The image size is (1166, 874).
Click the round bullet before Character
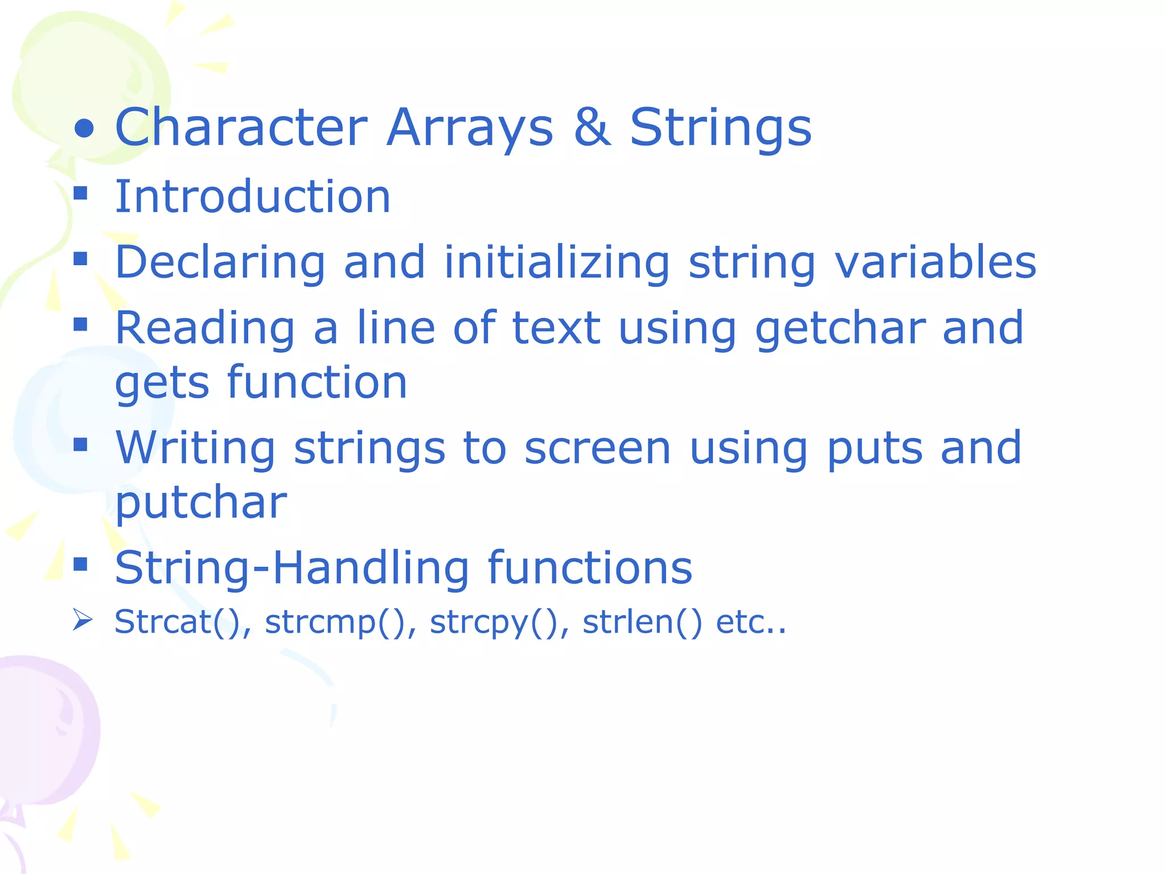[84, 129]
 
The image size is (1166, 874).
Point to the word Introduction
[253, 197]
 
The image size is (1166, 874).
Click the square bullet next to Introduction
[81, 193]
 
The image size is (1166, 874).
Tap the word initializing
[556, 263]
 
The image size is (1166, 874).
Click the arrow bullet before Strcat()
[83, 620]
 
